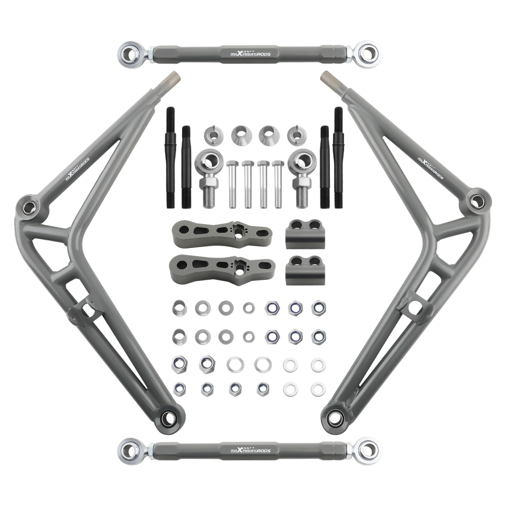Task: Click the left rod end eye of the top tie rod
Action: tap(130, 52)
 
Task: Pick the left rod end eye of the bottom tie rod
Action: tap(130, 450)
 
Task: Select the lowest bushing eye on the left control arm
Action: tap(168, 418)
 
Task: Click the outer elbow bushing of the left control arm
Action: tap(29, 206)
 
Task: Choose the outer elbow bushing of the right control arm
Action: tap(476, 200)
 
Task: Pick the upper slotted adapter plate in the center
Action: tap(221, 233)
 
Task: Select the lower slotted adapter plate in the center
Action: tap(223, 264)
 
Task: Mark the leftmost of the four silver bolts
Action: tap(233, 185)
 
